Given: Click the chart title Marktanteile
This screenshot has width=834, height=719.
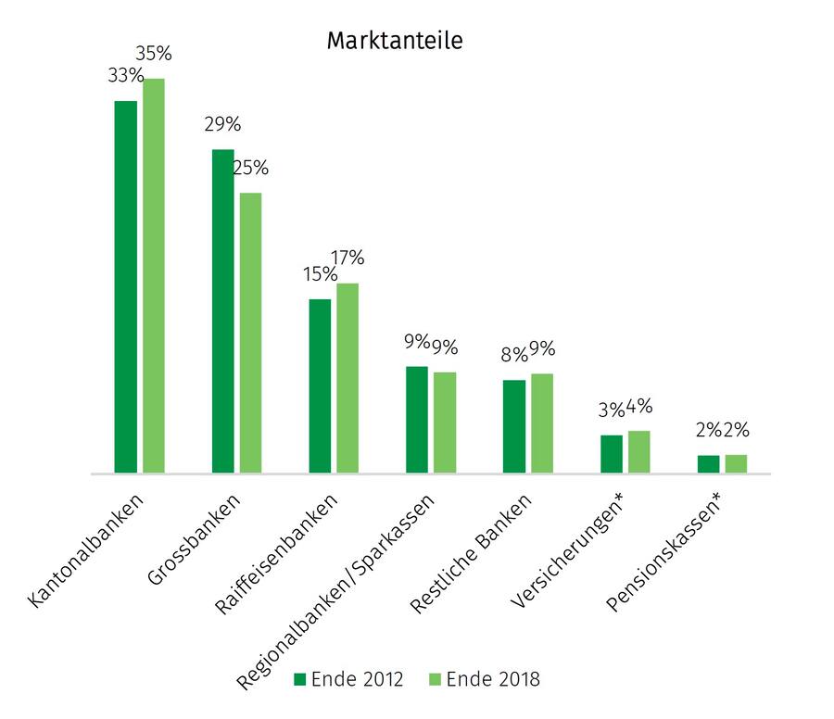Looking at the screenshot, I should (x=394, y=41).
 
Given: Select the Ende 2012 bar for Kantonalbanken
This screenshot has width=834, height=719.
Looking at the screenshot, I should (x=125, y=287).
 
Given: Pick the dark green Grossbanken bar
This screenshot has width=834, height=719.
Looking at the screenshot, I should (x=222, y=311).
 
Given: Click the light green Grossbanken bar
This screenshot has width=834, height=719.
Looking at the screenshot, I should (x=250, y=334).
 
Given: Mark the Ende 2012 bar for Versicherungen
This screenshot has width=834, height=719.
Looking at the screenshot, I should (x=612, y=454).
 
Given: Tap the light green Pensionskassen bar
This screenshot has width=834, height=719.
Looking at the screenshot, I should (x=736, y=463).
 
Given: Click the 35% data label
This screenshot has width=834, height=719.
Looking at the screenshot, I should (x=154, y=54).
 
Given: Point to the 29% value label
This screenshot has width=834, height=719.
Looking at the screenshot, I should (x=222, y=124).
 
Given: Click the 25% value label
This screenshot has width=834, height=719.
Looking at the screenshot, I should (x=250, y=168).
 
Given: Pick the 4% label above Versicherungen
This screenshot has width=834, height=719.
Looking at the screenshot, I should (x=639, y=406).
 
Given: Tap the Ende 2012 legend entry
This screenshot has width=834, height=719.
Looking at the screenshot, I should (x=348, y=679).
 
